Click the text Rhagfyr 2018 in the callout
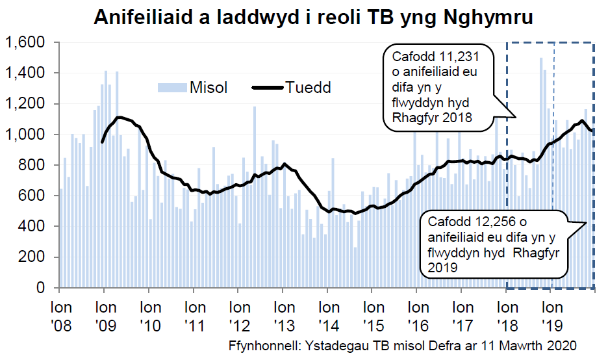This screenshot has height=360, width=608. tap(427, 118)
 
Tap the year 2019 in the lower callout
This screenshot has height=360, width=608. tap(442, 267)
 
